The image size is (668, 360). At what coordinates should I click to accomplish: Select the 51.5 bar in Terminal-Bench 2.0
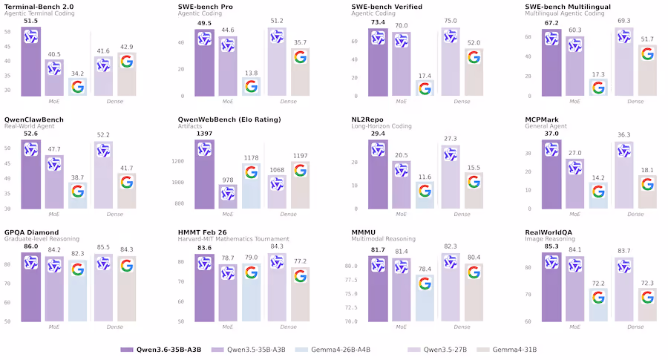[31, 63]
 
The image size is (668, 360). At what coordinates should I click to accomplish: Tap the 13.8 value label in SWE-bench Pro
[252, 73]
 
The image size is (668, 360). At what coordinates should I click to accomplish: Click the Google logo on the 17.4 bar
[425, 88]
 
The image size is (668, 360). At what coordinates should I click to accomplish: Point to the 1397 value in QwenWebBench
[204, 134]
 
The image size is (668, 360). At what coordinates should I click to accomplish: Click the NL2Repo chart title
[368, 120]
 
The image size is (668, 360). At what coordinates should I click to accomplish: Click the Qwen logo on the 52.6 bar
[31, 149]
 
